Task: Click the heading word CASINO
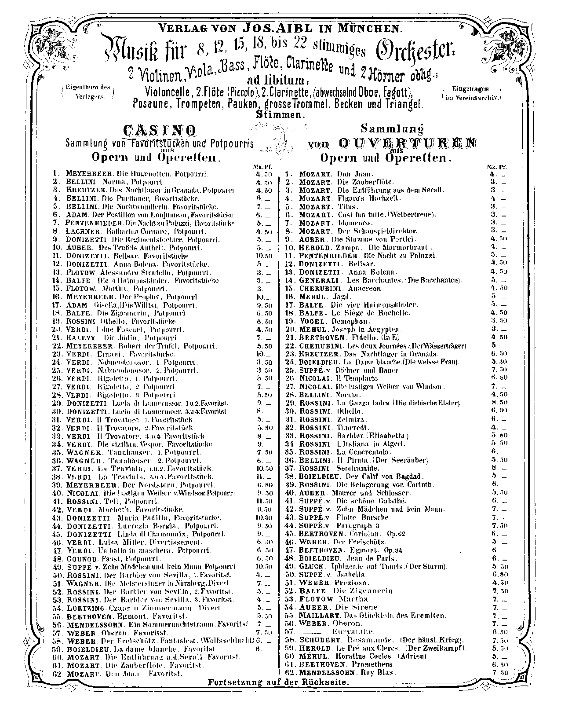[159, 130]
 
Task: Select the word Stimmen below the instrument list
[280, 114]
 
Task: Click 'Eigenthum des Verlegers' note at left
[87, 91]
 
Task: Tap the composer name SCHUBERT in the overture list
[317, 640]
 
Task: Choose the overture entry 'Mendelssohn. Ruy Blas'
[347, 673]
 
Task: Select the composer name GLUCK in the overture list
[312, 567]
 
